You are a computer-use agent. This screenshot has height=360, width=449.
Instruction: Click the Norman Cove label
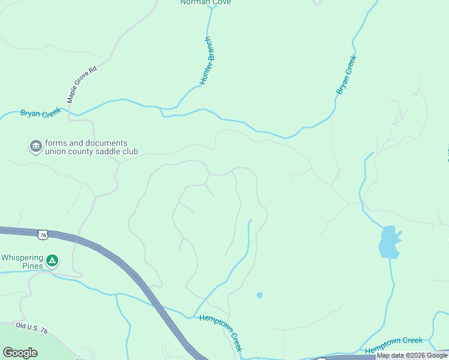pos(205,2)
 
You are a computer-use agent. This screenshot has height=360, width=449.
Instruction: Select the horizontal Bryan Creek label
pos(41,113)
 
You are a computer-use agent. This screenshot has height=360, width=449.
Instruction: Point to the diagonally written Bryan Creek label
pos(346,75)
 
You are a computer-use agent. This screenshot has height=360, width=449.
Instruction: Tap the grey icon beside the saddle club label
pos(35,146)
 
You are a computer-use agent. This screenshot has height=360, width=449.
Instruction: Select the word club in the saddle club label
pos(129,152)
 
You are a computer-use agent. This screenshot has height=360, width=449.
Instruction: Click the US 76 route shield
pos(42,235)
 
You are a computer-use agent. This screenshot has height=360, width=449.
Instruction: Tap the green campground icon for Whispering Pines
pos(52,260)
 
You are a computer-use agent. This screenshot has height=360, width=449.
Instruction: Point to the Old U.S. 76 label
pos(32,327)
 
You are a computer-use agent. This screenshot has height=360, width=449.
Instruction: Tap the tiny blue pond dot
pos(259,295)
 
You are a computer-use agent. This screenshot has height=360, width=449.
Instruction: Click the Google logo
pos(20,353)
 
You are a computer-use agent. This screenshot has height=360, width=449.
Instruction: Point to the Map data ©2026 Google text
pos(412,356)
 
